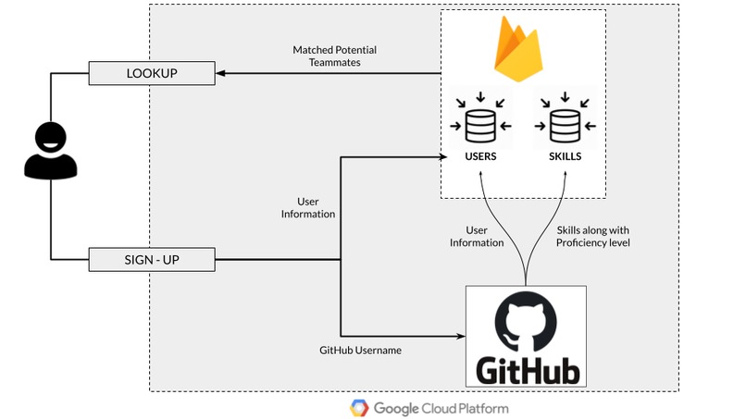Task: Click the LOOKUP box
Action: pos(151,71)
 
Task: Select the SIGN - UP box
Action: pos(151,260)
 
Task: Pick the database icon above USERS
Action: pos(479,124)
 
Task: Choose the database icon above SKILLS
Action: pos(565,124)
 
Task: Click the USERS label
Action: pos(480,157)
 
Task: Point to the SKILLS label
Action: pos(565,157)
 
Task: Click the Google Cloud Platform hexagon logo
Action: pos(360,407)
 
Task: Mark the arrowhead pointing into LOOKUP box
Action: pos(219,72)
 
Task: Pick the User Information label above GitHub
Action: pos(478,236)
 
